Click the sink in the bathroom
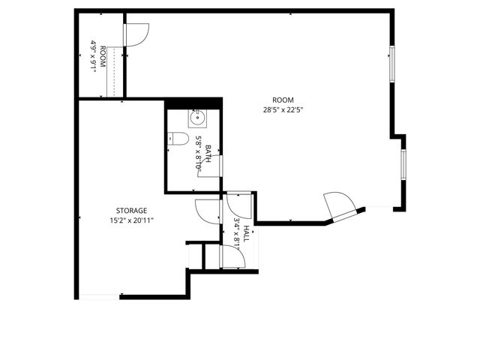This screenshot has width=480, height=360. click(x=197, y=117)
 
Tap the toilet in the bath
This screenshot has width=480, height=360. click(x=178, y=138)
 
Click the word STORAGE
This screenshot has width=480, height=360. click(x=131, y=211)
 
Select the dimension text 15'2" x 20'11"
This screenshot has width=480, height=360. click(x=131, y=220)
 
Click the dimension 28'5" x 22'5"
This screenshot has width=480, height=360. click(x=283, y=109)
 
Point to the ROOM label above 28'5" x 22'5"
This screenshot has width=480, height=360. click(x=283, y=100)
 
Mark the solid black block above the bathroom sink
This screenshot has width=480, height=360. click(x=194, y=103)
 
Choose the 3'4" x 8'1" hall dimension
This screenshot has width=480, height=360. click(x=236, y=232)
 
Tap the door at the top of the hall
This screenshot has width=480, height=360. click(x=238, y=202)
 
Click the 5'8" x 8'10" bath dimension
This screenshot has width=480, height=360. click(x=199, y=152)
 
